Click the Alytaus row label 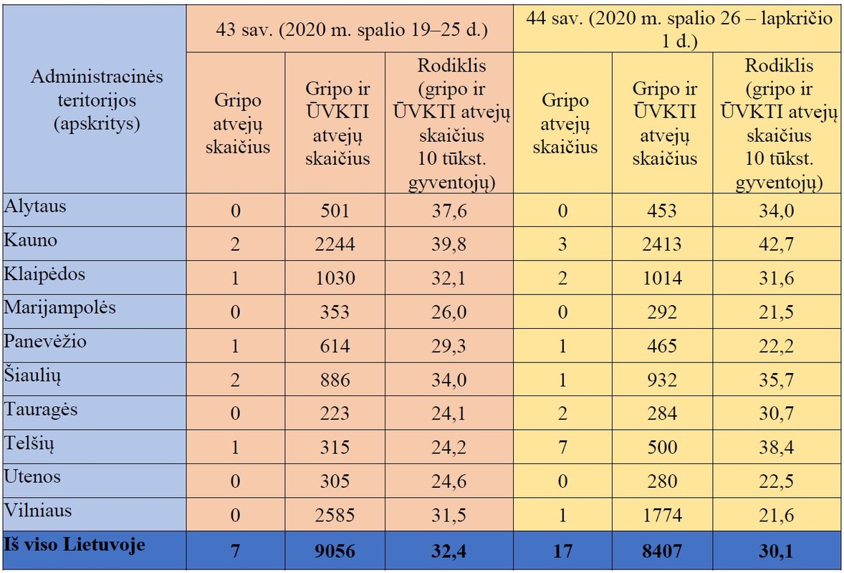click(35, 207)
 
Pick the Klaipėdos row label click(44, 274)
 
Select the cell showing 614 click(335, 346)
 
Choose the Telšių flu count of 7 click(563, 447)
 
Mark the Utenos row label click(32, 476)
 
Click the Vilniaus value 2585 click(335, 514)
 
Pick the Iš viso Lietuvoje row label click(75, 545)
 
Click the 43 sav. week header click(351, 30)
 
